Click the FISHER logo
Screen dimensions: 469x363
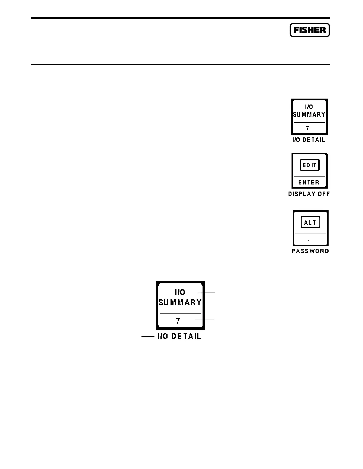pyautogui.click(x=310, y=30)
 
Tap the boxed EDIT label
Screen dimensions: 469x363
pyautogui.click(x=310, y=165)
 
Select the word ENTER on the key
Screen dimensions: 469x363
pyautogui.click(x=309, y=182)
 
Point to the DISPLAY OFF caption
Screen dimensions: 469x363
pyautogui.click(x=309, y=194)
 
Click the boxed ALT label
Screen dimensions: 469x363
pyautogui.click(x=311, y=222)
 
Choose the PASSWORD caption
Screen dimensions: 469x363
pyautogui.click(x=311, y=251)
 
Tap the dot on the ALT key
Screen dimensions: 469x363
pyautogui.click(x=309, y=241)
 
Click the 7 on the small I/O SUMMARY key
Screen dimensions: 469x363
pyautogui.click(x=308, y=128)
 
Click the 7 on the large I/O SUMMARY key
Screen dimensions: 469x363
pyautogui.click(x=178, y=321)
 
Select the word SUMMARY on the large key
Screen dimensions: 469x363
pyautogui.click(x=180, y=303)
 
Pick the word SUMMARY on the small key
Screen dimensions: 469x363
pyautogui.click(x=309, y=115)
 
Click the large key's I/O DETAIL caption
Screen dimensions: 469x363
pyautogui.click(x=179, y=336)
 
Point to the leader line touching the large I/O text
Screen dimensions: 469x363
pyautogui.click(x=206, y=293)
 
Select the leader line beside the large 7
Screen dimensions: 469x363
pyautogui.click(x=204, y=319)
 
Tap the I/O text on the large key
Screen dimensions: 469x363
pyautogui.click(x=180, y=293)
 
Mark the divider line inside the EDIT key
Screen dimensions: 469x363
pyautogui.click(x=310, y=177)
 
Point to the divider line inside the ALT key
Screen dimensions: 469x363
pyautogui.click(x=310, y=234)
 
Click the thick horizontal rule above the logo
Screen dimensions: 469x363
pyautogui.click(x=180, y=18)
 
